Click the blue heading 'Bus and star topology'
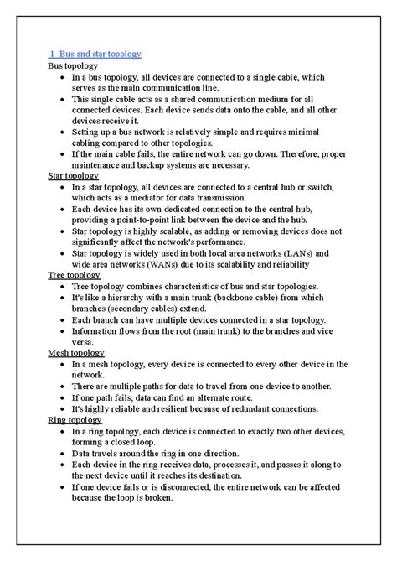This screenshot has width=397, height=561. (x=100, y=54)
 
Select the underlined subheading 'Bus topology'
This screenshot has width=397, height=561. (x=73, y=65)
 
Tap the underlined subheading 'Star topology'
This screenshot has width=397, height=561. (x=73, y=177)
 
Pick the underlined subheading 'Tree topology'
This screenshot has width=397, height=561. (x=73, y=275)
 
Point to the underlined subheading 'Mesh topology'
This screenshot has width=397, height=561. (x=75, y=352)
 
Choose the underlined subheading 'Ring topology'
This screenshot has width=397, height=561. (x=75, y=419)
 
